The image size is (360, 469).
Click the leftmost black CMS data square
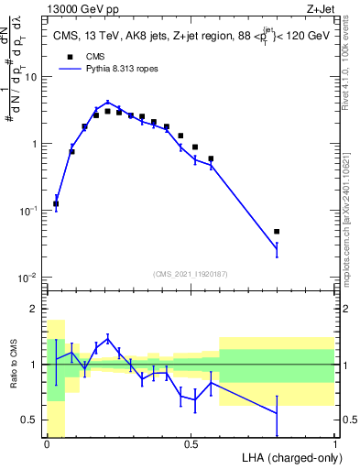click(56, 204)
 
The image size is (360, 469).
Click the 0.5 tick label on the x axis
click(191, 444)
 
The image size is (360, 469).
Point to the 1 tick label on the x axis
click(334, 444)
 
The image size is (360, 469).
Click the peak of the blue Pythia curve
click(107, 103)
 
